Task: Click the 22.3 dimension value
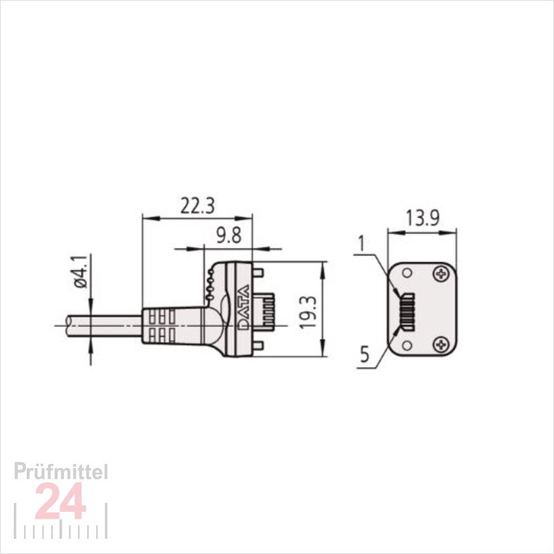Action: point(197,206)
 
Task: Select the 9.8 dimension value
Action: point(229,235)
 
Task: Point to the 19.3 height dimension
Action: point(307,312)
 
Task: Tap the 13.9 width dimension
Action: point(422,218)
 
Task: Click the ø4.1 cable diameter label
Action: point(80,271)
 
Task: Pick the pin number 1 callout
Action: point(361,244)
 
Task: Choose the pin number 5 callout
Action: point(365,354)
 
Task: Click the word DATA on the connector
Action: point(244,307)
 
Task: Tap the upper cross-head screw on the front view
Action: point(441,273)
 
